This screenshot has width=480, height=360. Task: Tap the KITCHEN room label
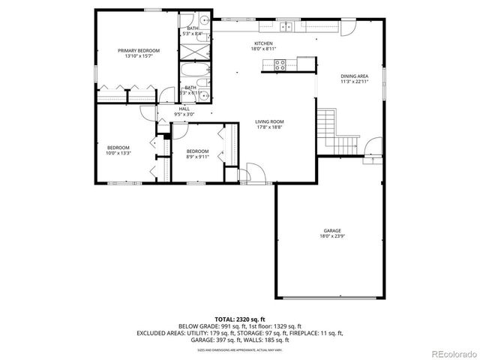pyautogui.click(x=262, y=44)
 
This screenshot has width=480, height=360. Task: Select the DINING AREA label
pyautogui.click(x=355, y=76)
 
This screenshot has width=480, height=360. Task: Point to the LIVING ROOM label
pyautogui.click(x=269, y=121)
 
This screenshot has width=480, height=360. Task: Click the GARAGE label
pyautogui.click(x=332, y=230)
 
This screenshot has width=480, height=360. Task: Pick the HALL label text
pyautogui.click(x=184, y=109)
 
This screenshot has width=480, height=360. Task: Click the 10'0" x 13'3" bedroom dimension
pyautogui.click(x=118, y=153)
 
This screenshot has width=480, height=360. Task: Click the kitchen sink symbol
pyautogui.click(x=286, y=28)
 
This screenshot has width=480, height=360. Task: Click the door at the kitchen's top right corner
pyautogui.click(x=347, y=28)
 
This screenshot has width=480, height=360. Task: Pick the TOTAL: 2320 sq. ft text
pyautogui.click(x=239, y=319)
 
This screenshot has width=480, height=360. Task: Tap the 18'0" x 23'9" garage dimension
pyautogui.click(x=332, y=236)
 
